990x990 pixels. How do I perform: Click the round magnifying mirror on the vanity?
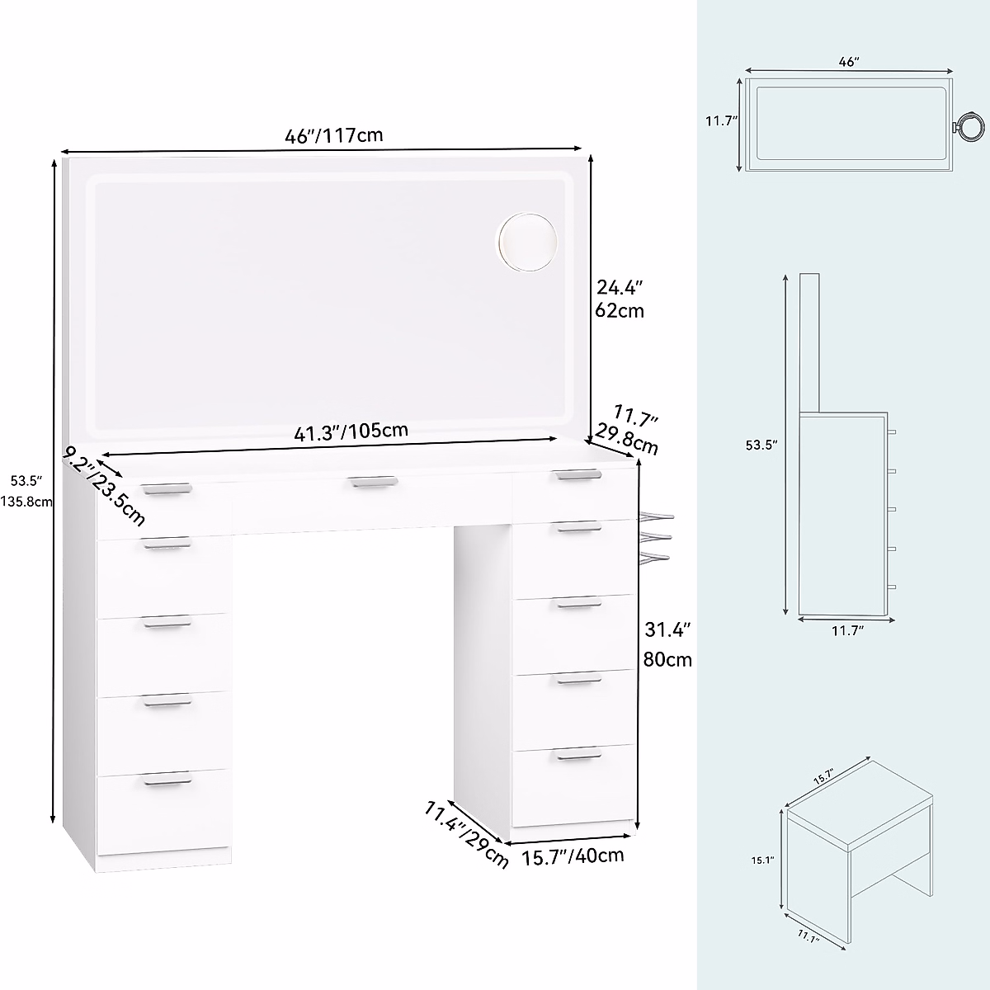click(527, 241)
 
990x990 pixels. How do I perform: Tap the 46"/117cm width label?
click(334, 135)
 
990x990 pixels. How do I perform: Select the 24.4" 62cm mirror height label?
click(620, 299)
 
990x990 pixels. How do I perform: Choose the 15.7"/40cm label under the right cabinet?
click(573, 856)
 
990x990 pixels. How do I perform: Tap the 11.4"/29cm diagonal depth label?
click(466, 833)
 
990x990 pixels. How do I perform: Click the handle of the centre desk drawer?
click(372, 480)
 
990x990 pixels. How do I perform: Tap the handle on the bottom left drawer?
click(167, 780)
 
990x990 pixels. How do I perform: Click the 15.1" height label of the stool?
click(763, 860)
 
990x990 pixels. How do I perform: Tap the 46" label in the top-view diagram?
click(849, 61)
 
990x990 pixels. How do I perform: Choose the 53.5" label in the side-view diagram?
click(761, 445)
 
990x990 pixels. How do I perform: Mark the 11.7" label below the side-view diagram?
click(846, 631)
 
